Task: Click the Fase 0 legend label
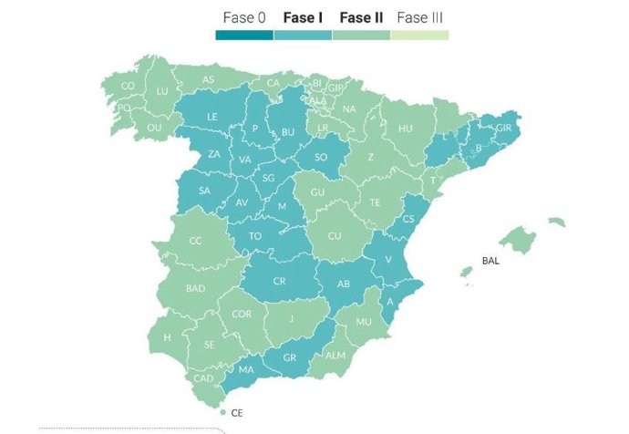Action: click(243, 17)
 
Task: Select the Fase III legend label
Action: click(420, 17)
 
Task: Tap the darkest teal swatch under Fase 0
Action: click(244, 36)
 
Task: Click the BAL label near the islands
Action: click(490, 260)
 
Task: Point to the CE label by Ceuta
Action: click(237, 413)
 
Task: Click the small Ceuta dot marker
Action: click(222, 413)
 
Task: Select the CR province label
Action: click(280, 282)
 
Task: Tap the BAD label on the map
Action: click(195, 288)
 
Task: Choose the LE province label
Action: click(212, 117)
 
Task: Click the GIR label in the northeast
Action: click(503, 129)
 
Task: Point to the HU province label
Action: click(405, 129)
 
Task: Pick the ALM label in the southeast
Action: click(335, 356)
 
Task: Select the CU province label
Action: click(335, 236)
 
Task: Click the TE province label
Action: click(376, 201)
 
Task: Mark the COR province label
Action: click(242, 314)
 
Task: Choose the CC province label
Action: click(195, 241)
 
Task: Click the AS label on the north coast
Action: click(208, 79)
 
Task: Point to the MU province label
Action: click(365, 322)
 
